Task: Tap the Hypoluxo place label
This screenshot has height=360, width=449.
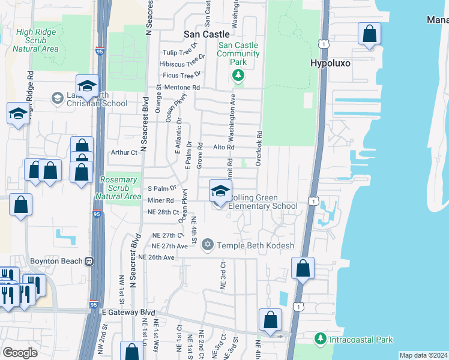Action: point(330,62)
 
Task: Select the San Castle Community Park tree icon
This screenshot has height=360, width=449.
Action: point(238,75)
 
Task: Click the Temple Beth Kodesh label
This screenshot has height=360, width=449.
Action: point(255,245)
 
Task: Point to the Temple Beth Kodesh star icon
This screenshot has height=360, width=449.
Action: point(208,245)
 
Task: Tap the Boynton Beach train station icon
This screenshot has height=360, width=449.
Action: point(89,262)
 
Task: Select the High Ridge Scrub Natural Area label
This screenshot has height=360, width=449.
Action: point(28,40)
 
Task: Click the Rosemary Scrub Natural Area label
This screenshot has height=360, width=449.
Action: point(118,188)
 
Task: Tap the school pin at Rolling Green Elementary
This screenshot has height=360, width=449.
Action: point(220,192)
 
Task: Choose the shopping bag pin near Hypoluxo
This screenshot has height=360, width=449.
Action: point(369,34)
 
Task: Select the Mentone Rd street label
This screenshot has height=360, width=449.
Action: point(181,87)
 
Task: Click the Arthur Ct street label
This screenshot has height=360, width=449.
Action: point(124,152)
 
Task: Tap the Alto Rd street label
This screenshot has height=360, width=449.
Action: point(223,147)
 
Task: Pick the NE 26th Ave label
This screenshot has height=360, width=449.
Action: point(156,257)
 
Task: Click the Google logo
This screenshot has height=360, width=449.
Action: point(20,353)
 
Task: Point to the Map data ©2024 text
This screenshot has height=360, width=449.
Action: point(423,355)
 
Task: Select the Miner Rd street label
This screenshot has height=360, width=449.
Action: point(161,200)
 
